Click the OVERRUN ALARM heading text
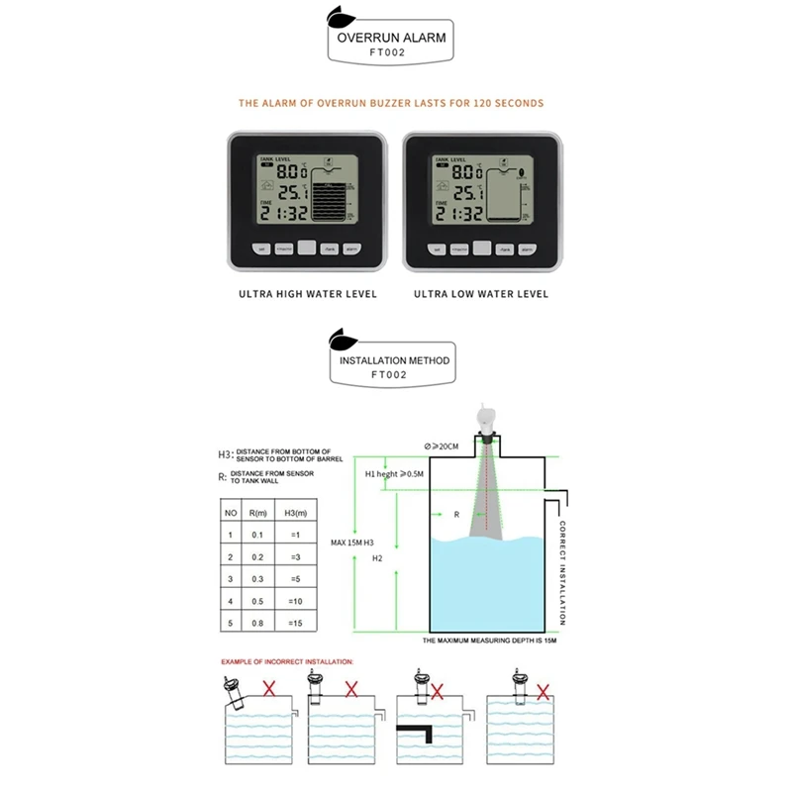click(391, 39)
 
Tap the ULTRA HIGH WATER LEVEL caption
click(308, 294)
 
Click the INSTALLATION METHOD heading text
click(394, 360)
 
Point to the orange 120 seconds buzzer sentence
click(391, 103)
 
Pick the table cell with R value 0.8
click(257, 623)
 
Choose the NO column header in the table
click(231, 514)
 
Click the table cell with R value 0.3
click(257, 578)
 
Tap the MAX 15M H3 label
click(352, 544)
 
